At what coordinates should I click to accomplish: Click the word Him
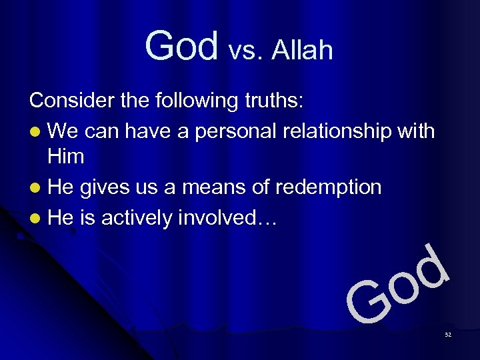point(65,157)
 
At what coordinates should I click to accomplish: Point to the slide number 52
point(447,334)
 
